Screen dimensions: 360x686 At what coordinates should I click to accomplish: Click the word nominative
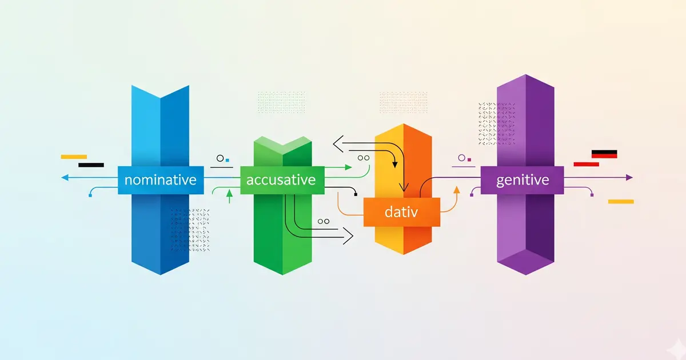(x=160, y=180)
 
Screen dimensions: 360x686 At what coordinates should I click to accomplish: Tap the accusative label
(x=281, y=180)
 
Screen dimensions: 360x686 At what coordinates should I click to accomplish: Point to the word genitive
(x=523, y=180)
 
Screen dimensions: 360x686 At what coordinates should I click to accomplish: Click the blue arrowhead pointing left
(x=64, y=178)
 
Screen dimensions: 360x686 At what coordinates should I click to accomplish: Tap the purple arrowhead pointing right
(x=629, y=178)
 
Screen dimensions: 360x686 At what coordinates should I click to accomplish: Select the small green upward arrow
(x=229, y=195)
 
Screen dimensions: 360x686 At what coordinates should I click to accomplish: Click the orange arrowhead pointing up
(x=456, y=189)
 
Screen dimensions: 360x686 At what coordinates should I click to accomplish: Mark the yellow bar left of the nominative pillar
(x=74, y=157)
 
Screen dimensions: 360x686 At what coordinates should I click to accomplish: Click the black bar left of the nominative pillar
(x=91, y=165)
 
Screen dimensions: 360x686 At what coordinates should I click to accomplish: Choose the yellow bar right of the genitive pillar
(x=621, y=201)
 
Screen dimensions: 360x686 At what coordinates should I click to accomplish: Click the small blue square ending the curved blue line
(x=90, y=195)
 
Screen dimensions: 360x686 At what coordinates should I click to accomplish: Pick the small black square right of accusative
(x=356, y=195)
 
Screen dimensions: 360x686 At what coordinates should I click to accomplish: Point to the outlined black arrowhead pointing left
(x=337, y=145)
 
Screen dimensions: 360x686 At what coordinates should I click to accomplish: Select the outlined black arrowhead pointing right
(x=349, y=234)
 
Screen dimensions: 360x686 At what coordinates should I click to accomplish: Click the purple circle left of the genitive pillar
(x=461, y=158)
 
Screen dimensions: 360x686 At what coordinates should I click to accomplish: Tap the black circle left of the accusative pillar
(x=220, y=158)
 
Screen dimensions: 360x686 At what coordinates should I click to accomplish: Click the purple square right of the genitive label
(x=592, y=195)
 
